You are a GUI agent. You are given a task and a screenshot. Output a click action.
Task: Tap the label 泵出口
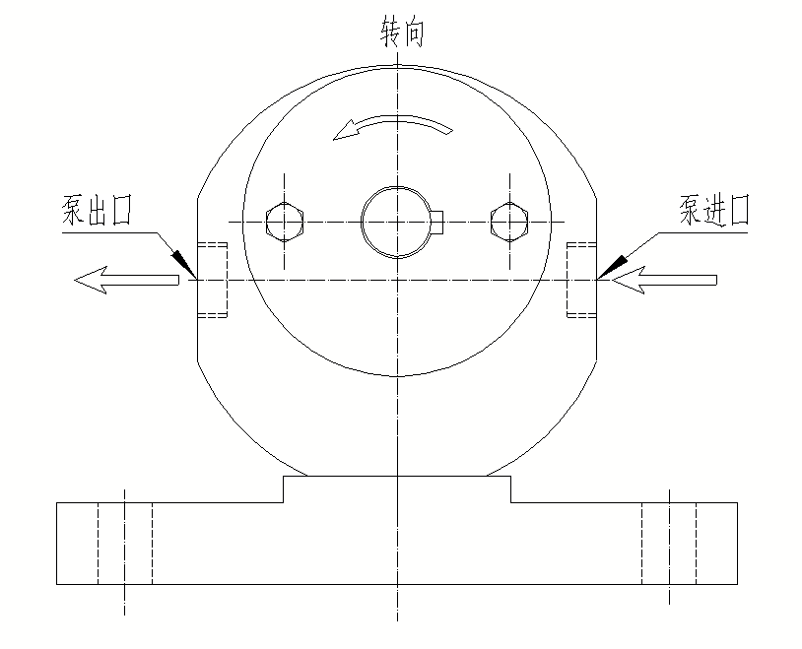(98, 213)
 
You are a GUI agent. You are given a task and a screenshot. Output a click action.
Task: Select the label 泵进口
(713, 211)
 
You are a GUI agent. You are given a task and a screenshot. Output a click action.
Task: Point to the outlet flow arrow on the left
(125, 282)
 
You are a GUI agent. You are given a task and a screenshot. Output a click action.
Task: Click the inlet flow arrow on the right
(664, 282)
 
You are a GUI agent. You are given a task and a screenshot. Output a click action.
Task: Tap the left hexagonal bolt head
(285, 221)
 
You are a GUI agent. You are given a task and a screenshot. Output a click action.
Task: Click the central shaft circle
(396, 221)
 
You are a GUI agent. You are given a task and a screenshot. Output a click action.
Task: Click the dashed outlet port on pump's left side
(213, 281)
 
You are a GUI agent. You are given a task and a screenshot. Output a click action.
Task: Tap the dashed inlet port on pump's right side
(581, 281)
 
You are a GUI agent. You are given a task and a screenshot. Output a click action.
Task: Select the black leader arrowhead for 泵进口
(613, 263)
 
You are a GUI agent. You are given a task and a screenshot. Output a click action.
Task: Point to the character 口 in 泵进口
(737, 211)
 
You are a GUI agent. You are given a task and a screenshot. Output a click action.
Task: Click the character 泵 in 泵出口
(74, 213)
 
